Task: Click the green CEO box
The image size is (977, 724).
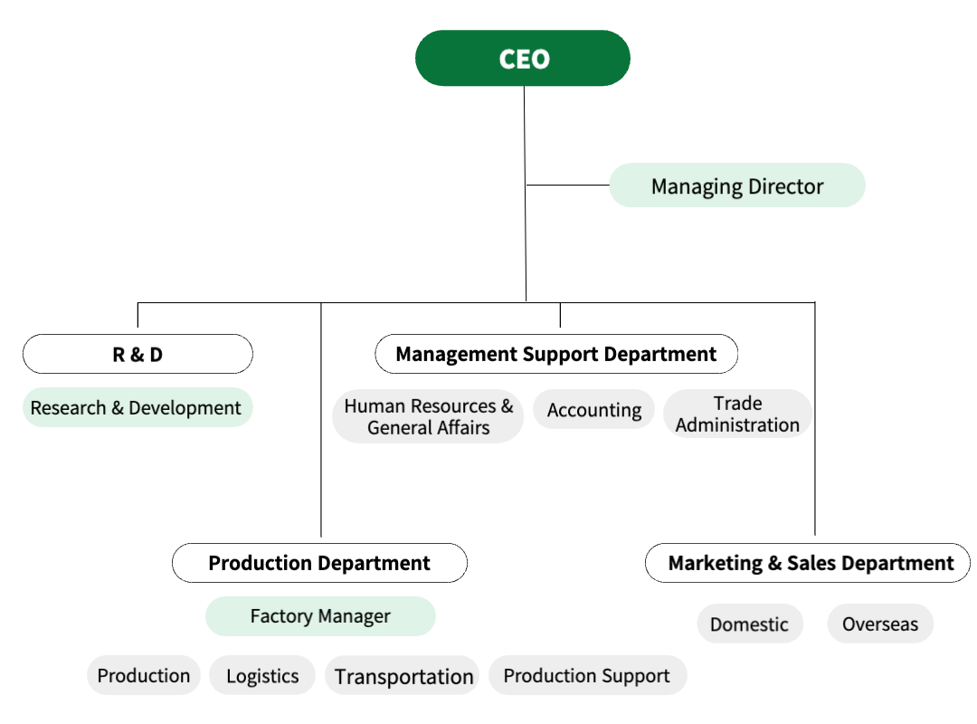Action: coord(523,58)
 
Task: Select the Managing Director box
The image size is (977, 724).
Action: coord(737,186)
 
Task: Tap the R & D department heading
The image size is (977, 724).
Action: coord(138,354)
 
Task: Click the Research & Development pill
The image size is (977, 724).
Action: coord(138,408)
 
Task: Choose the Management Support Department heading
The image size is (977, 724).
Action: coord(556,354)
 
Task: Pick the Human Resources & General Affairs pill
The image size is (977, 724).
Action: coord(428,416)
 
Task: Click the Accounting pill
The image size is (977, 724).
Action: coord(593,410)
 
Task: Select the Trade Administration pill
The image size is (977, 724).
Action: coord(738,414)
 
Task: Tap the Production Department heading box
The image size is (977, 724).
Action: coord(319,563)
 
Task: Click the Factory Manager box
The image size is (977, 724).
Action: coord(320,616)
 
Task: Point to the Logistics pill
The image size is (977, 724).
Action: coord(262,675)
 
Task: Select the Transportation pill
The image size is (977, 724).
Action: coord(403,675)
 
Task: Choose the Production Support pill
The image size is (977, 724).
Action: coord(588,675)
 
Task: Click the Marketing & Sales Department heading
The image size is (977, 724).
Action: coord(808,563)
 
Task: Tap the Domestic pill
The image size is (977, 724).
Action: coord(750,624)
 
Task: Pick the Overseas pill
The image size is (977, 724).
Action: coord(880,624)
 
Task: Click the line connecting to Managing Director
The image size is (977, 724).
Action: coord(567,186)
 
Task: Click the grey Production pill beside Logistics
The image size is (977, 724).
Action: coord(144,675)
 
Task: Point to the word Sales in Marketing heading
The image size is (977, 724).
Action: coord(811,563)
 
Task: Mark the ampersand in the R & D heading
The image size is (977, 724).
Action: coord(138,355)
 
